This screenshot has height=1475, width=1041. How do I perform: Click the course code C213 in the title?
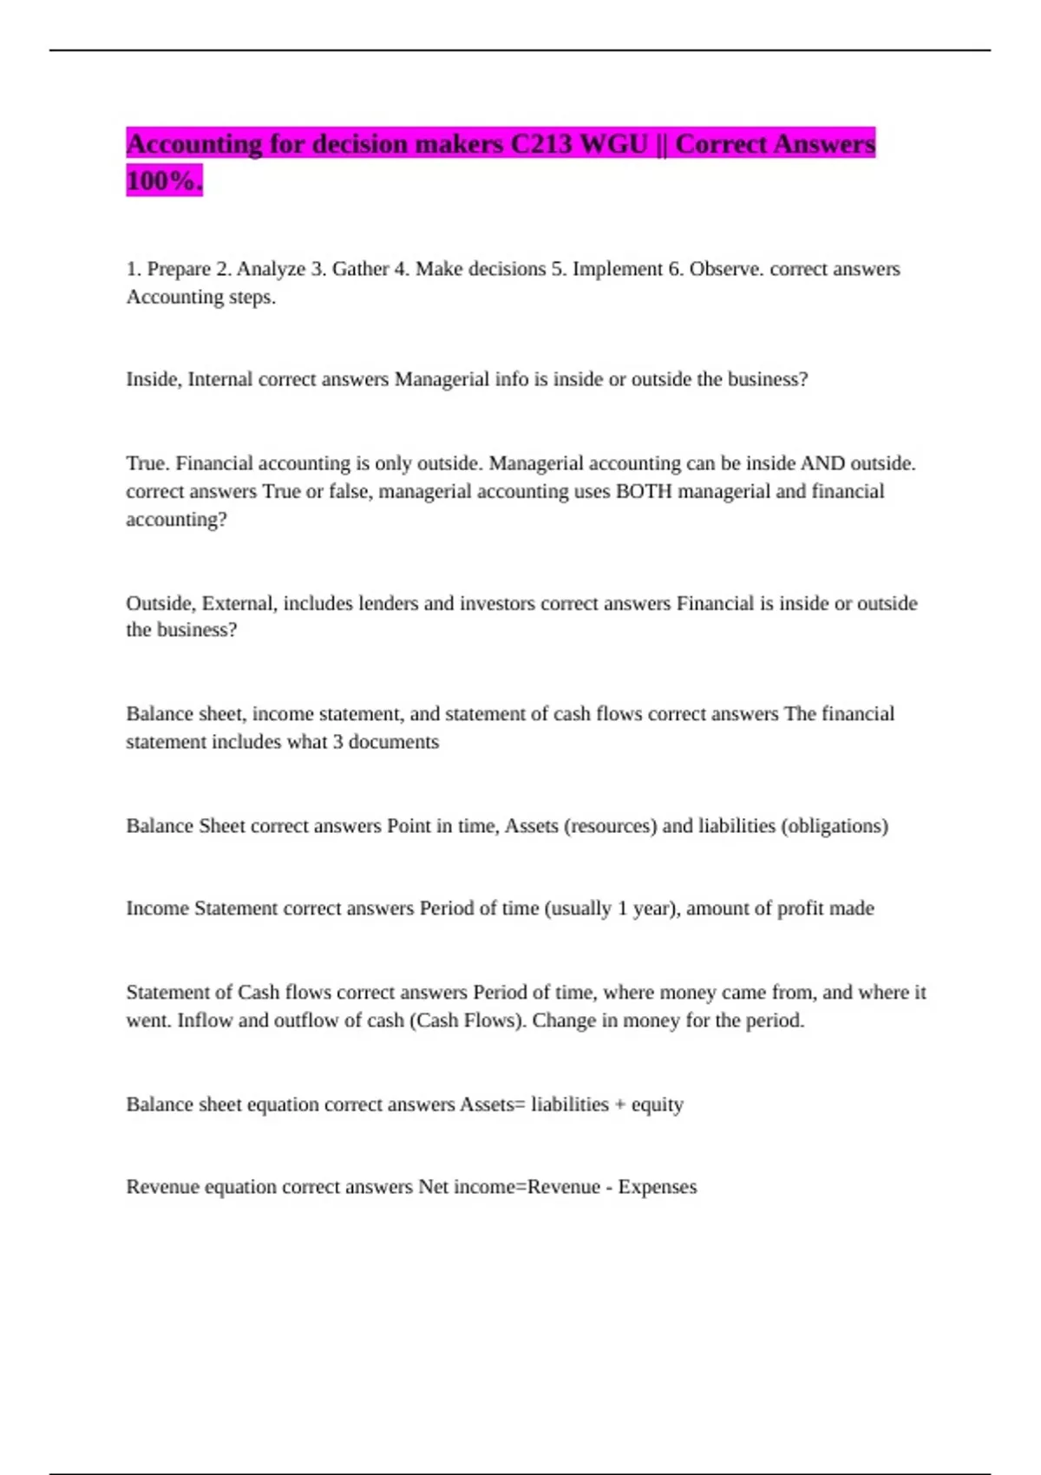tap(541, 144)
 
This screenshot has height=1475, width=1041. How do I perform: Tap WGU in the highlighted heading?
tap(613, 144)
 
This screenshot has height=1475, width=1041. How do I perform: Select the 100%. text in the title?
tap(164, 180)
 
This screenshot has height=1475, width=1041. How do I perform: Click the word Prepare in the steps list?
tap(179, 269)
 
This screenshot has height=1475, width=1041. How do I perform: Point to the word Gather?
tap(360, 269)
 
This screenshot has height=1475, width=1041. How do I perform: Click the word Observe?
tap(726, 269)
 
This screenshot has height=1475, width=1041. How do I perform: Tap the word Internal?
tap(220, 379)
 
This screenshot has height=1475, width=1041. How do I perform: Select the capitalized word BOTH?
tap(644, 491)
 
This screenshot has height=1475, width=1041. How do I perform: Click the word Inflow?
tap(205, 1020)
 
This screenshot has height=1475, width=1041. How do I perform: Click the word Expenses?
tap(657, 1187)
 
